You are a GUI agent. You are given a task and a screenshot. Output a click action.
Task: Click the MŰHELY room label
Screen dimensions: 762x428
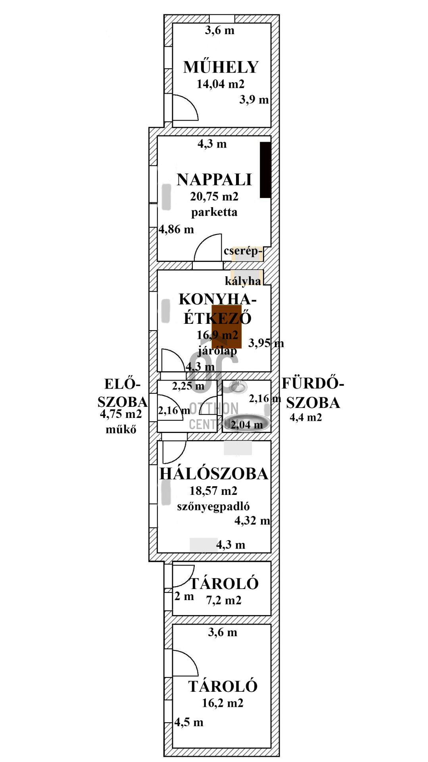point(221,67)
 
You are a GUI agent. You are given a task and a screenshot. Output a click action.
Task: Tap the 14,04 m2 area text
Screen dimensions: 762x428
point(221,84)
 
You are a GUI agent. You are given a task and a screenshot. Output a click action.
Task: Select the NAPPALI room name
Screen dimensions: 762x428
point(214,180)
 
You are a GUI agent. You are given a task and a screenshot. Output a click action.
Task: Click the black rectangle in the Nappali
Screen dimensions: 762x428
point(265,170)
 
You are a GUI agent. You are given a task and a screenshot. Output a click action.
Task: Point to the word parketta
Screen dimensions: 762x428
point(214,212)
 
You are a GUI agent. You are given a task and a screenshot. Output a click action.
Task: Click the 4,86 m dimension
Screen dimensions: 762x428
point(177,229)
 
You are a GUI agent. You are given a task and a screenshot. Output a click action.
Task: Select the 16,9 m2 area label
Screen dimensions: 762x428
point(217,335)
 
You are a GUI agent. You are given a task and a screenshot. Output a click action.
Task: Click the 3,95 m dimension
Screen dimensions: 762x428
point(266,343)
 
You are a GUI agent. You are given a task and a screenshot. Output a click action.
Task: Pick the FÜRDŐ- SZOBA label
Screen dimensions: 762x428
point(313,393)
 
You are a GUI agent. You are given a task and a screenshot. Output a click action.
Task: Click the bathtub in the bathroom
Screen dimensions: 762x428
point(246,423)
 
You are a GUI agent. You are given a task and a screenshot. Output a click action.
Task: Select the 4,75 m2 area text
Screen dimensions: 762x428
point(121,414)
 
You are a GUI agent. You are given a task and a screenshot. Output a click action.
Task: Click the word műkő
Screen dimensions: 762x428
point(121,429)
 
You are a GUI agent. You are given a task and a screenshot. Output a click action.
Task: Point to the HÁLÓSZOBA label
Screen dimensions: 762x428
point(214,474)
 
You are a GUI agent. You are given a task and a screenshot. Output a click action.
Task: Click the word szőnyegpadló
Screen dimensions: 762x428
point(213,506)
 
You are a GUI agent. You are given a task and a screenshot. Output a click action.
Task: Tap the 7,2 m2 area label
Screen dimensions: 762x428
point(224,600)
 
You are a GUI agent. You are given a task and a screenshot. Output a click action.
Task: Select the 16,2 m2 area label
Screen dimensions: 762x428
point(223,703)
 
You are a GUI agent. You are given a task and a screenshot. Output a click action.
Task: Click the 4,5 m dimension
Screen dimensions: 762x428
point(189,722)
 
